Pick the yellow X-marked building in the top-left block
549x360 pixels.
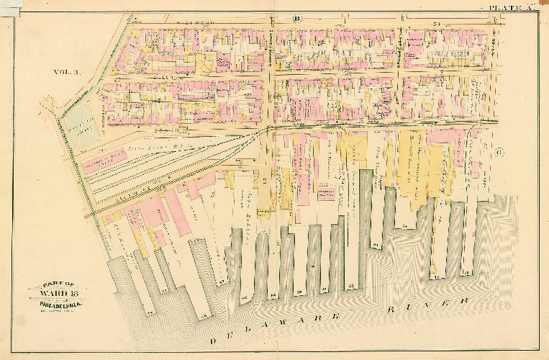coord(205,64)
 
